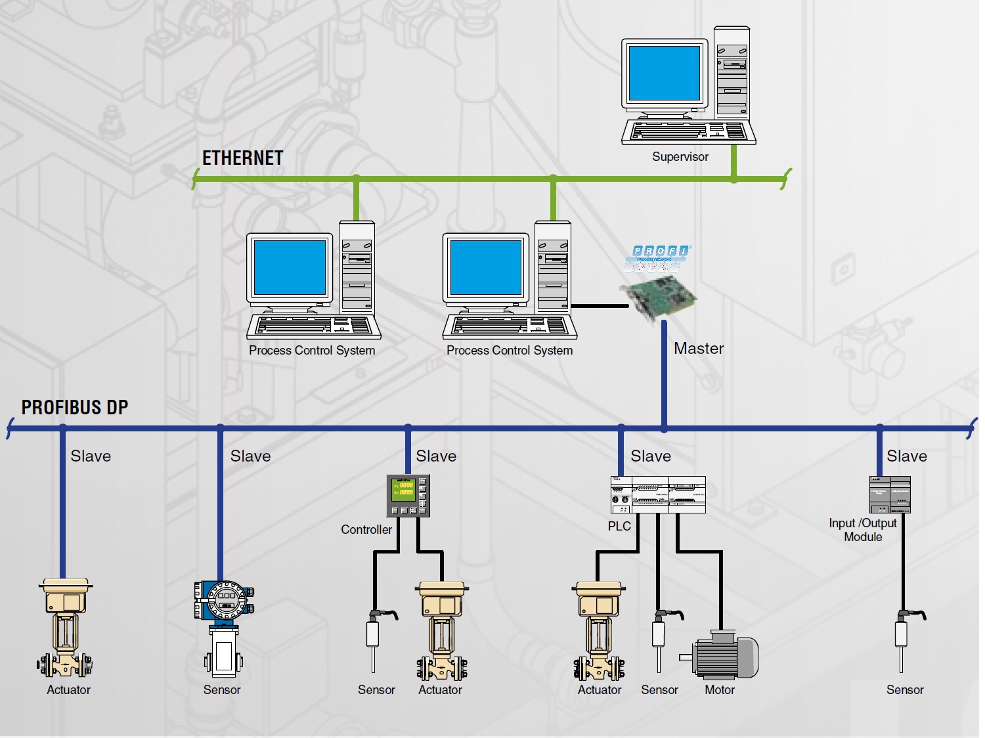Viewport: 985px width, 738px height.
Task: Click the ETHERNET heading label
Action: pyautogui.click(x=242, y=158)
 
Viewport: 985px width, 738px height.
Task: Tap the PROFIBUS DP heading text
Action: pyautogui.click(x=75, y=408)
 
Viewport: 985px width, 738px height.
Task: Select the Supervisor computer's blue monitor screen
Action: pyautogui.click(x=664, y=73)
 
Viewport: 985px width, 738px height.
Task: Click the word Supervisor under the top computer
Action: pyautogui.click(x=680, y=157)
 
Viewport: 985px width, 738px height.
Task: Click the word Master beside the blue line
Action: pyautogui.click(x=699, y=349)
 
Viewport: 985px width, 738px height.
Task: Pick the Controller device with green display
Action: pyautogui.click(x=408, y=496)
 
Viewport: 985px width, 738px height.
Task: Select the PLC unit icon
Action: pyautogui.click(x=658, y=494)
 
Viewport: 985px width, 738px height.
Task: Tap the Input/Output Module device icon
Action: pyautogui.click(x=890, y=494)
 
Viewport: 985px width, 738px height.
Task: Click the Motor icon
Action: pyautogui.click(x=720, y=656)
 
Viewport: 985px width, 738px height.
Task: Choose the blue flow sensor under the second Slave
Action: pyautogui.click(x=223, y=627)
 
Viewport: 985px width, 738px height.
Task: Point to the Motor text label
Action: pyautogui.click(x=720, y=690)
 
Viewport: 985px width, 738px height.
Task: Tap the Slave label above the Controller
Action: pyautogui.click(x=436, y=456)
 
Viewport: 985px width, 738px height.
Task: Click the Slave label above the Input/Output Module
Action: pyautogui.click(x=907, y=456)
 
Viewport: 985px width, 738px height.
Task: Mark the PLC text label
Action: pyautogui.click(x=619, y=527)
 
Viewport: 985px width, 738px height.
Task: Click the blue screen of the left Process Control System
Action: pyautogui.click(x=290, y=268)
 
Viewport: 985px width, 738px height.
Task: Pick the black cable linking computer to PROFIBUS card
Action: pyautogui.click(x=599, y=305)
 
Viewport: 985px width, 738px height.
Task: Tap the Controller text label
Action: pyautogui.click(x=366, y=530)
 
